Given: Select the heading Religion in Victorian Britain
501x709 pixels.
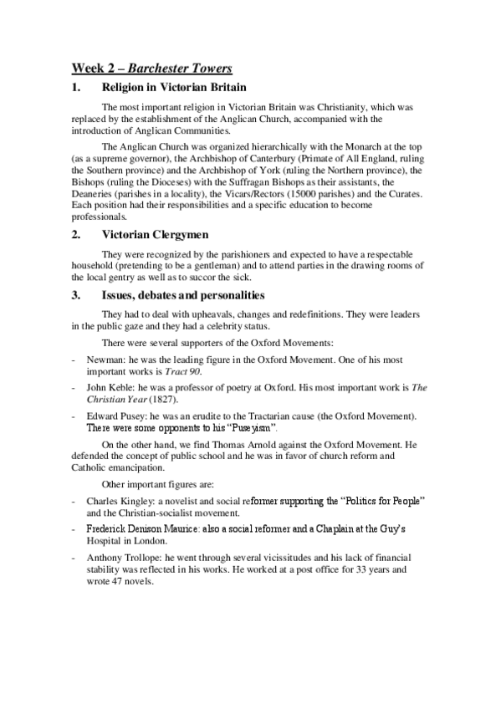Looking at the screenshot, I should click(171, 87).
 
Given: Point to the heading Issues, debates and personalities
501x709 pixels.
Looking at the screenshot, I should click(183, 295).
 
